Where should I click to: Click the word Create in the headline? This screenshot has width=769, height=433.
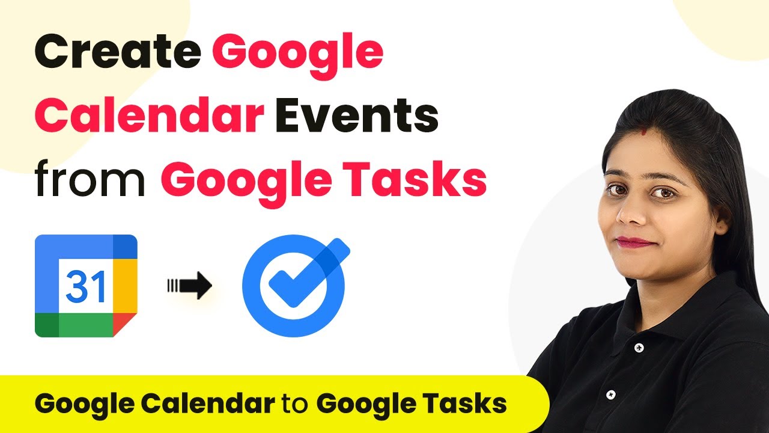(118, 51)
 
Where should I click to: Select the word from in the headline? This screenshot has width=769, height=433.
(90, 179)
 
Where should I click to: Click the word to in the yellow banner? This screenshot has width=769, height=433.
(295, 403)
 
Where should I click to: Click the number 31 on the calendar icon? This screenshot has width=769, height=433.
(85, 286)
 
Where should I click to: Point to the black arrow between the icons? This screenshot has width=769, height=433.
(189, 285)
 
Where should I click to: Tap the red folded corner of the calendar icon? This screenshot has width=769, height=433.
(125, 324)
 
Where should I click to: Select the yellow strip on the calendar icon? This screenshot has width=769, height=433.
(125, 286)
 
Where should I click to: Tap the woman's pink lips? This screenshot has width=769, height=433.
(635, 242)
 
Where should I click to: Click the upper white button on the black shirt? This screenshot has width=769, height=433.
(639, 348)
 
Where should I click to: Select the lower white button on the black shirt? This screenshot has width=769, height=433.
(610, 394)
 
